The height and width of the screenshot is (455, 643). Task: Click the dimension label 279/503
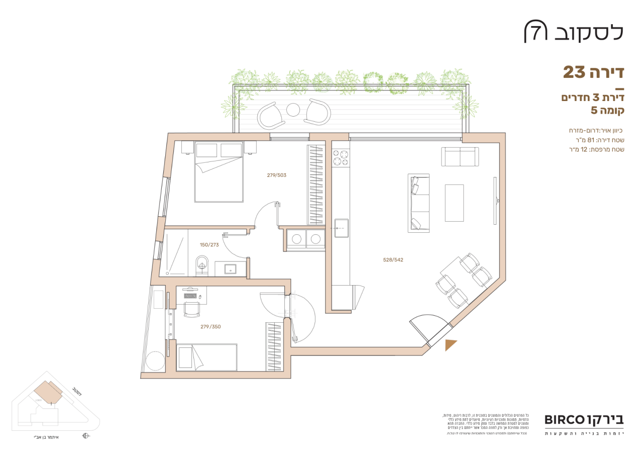tap(277, 175)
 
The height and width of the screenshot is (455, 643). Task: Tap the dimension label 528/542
tap(393, 260)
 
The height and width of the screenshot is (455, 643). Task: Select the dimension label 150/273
tap(209, 245)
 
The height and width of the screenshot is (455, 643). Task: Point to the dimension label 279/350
tap(210, 327)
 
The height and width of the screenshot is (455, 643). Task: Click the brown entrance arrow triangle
tap(451, 344)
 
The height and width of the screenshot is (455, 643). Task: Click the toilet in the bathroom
tap(202, 264)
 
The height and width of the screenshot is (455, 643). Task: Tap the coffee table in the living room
tap(454, 203)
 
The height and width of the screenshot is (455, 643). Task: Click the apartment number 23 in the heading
tap(575, 72)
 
